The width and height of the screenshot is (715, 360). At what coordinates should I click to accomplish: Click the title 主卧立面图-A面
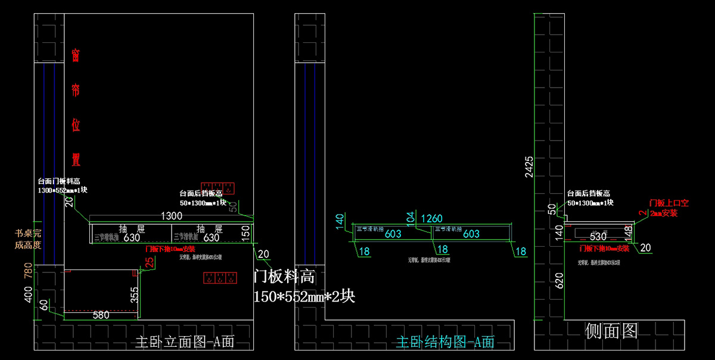pyautogui.click(x=185, y=342)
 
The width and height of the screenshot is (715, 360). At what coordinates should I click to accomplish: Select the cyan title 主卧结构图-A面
pyautogui.click(x=445, y=342)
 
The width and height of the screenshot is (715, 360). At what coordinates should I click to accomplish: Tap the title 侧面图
pyautogui.click(x=611, y=331)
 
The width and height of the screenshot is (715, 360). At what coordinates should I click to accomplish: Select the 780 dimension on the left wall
pyautogui.click(x=27, y=271)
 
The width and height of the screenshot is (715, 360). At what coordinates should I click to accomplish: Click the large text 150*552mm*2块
pyautogui.click(x=304, y=296)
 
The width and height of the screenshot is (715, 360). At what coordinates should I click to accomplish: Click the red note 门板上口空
pyautogui.click(x=668, y=203)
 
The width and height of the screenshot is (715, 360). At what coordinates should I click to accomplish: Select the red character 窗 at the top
pyautogui.click(x=76, y=55)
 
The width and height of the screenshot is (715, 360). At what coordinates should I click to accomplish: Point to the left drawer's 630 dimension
pyautogui.click(x=132, y=237)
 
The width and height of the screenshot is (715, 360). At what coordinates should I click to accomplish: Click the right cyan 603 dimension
pyautogui.click(x=471, y=234)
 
